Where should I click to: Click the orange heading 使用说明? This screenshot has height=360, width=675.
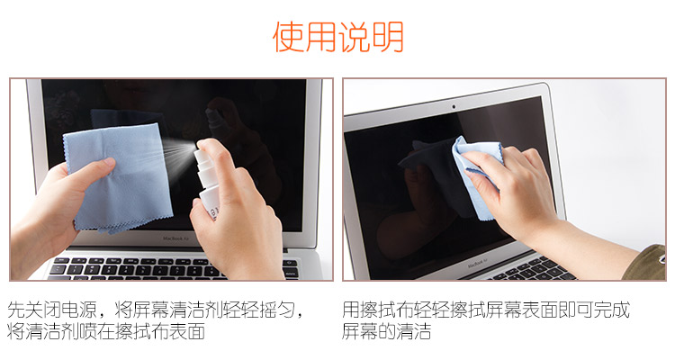point(338,37)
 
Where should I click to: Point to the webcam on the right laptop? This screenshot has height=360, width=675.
point(454,106)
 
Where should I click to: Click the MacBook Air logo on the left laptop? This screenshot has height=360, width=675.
point(175,238)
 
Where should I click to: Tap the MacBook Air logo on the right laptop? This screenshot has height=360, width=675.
point(478,263)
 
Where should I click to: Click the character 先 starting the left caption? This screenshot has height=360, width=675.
point(16,310)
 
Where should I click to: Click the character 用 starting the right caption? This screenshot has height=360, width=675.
point(351,310)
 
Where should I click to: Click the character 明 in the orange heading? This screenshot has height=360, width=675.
point(388,37)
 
